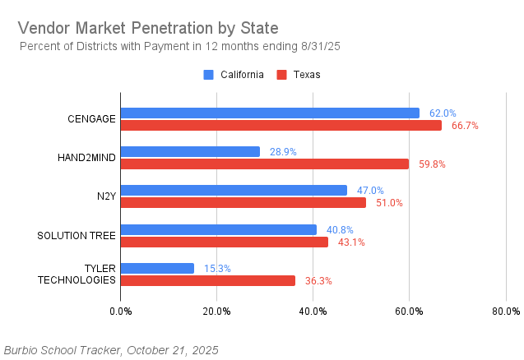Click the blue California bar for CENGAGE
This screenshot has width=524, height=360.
pyautogui.click(x=270, y=113)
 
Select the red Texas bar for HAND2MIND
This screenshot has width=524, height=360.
pyautogui.click(x=265, y=164)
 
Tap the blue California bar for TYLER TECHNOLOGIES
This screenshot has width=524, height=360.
pyautogui.click(x=157, y=268)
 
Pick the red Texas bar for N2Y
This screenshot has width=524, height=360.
pyautogui.click(x=243, y=202)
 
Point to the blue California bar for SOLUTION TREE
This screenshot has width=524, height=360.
pyautogui.click(x=219, y=229)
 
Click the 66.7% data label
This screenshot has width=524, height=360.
pyautogui.click(x=465, y=126)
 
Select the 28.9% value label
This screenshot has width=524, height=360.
pyautogui.click(x=283, y=152)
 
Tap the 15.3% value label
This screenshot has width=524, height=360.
pyautogui.click(x=217, y=268)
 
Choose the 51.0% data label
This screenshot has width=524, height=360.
pyautogui.click(x=389, y=203)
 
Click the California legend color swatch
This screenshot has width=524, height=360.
pyautogui.click(x=208, y=75)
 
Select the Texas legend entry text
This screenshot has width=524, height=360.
pyautogui.click(x=307, y=75)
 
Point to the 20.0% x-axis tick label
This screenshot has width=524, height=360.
pyautogui.click(x=216, y=311)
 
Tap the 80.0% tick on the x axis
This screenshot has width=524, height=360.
pyautogui.click(x=505, y=311)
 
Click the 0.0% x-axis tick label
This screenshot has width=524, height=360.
pyautogui.click(x=121, y=311)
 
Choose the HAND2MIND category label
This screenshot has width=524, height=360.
pyautogui.click(x=86, y=158)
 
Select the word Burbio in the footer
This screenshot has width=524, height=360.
pyautogui.click(x=23, y=350)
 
